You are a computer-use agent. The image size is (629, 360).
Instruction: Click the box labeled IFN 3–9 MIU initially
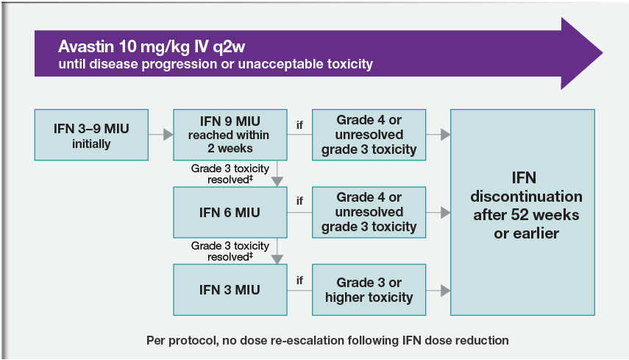[x=91, y=135]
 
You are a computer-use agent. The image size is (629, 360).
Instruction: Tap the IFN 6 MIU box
[x=229, y=213]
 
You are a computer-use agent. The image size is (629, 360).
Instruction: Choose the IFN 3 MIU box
[x=229, y=289]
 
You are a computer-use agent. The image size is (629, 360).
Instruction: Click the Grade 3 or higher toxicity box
[x=369, y=289]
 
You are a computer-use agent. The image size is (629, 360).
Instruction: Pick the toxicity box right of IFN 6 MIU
[x=369, y=213]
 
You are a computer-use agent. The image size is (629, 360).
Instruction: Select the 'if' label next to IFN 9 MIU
[x=299, y=125]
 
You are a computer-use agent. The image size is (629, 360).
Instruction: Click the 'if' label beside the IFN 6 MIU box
[x=299, y=201]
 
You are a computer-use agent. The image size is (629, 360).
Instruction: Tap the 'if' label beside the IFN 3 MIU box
[x=299, y=280]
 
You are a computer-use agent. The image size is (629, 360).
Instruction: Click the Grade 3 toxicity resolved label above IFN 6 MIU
[x=229, y=173]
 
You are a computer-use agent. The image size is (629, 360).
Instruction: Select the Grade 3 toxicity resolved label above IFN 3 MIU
[x=229, y=251]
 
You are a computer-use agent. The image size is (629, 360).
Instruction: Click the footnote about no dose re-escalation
[x=327, y=340]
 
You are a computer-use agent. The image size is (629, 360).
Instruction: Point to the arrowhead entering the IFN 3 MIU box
[x=277, y=258]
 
